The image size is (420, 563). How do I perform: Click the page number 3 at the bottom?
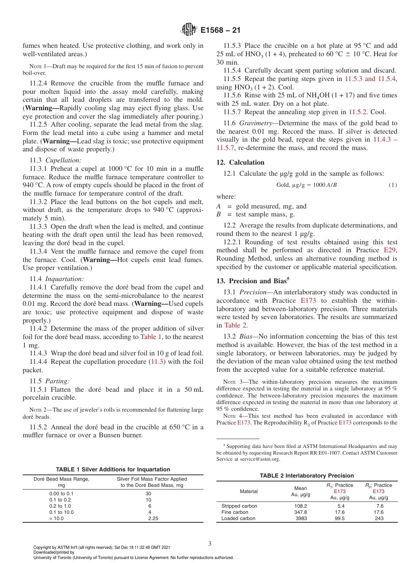(x=210, y=544)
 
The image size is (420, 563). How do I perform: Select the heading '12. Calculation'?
(x=240, y=162)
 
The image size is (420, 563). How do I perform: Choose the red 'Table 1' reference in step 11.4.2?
(x=151, y=337)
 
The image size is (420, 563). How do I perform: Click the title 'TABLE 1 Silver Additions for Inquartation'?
(x=113, y=470)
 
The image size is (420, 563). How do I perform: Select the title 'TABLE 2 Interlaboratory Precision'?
(x=307, y=476)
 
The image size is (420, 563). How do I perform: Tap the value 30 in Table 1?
(x=149, y=493)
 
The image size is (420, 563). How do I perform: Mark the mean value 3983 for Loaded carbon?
(x=301, y=518)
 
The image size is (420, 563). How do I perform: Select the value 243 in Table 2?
(x=379, y=518)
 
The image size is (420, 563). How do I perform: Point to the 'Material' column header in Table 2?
(x=249, y=491)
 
